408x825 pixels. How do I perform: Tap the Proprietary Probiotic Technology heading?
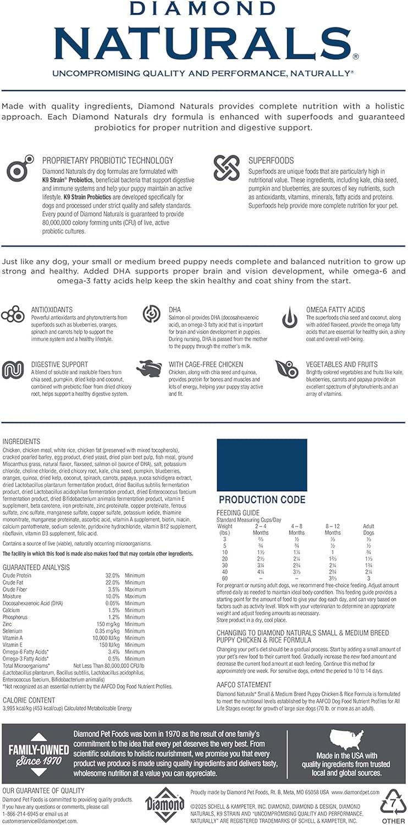(x=107, y=161)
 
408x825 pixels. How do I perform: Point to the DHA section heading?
(x=174, y=310)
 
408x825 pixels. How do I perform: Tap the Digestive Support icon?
(x=13, y=370)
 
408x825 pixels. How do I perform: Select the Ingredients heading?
(x=21, y=442)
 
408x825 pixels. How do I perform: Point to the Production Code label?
(x=262, y=500)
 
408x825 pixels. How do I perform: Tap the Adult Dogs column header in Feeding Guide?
(x=368, y=529)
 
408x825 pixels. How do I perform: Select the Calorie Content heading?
(x=29, y=700)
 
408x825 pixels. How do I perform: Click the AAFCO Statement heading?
(x=244, y=685)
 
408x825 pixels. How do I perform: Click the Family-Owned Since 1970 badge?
(x=35, y=753)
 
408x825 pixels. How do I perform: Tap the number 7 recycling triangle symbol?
(x=394, y=804)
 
